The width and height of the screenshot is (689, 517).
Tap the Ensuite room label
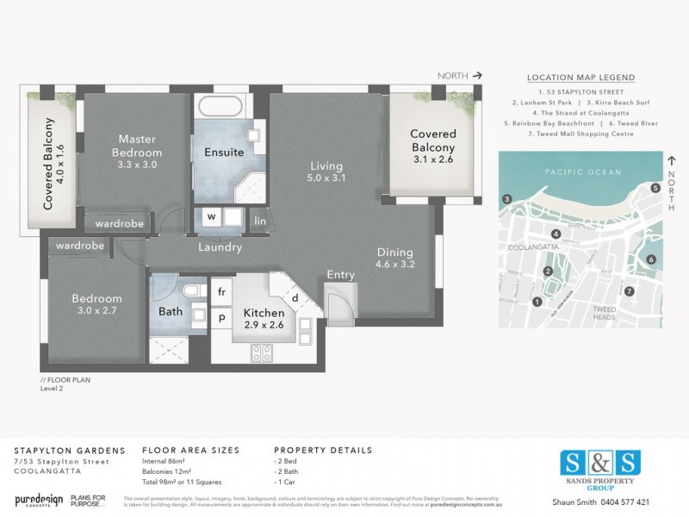click(x=224, y=153)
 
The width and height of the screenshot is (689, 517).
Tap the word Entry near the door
click(x=340, y=275)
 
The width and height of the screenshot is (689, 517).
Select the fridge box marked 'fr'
click(x=220, y=293)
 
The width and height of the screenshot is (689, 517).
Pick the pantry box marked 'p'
click(x=220, y=317)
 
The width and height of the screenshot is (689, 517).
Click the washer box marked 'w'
click(x=211, y=217)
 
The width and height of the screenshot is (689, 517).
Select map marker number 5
click(x=655, y=188)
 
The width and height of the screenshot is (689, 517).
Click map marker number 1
click(x=537, y=302)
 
